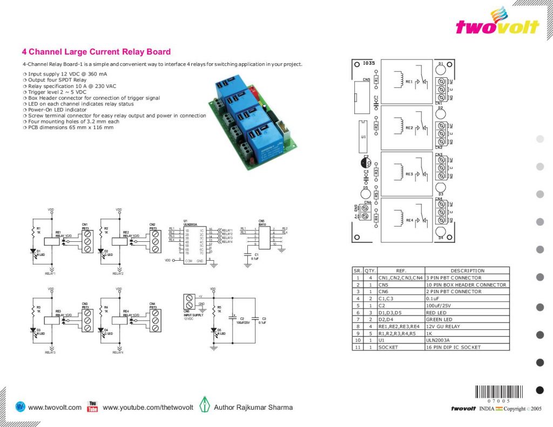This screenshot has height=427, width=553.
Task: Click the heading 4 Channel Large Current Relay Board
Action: [x=96, y=52]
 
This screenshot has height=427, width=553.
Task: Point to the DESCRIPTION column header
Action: [x=467, y=270]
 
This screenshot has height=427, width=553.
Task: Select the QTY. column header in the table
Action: [x=370, y=270]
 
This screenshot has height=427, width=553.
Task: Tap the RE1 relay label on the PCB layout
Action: [x=409, y=82]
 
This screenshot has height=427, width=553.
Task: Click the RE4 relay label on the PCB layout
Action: [x=409, y=220]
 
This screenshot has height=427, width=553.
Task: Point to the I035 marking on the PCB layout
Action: [x=369, y=64]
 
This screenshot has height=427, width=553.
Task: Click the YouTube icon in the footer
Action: [x=92, y=407]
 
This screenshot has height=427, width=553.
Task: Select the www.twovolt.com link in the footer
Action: [x=54, y=408]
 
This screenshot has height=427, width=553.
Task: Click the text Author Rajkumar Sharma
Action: [x=253, y=408]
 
